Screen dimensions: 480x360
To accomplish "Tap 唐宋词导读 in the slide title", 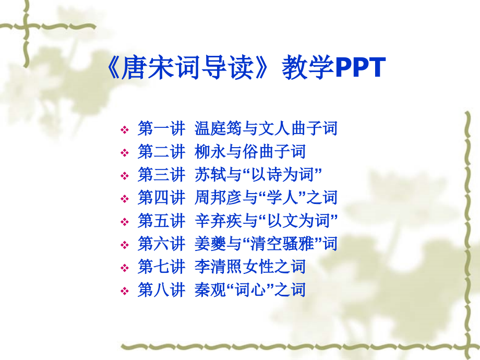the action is point(188,67).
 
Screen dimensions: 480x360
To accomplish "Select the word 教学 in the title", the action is point(308,67).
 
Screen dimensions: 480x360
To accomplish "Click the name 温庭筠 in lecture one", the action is point(218,128).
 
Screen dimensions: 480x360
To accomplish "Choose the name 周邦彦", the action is point(218,197).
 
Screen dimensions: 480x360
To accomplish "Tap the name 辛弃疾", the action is point(218,221).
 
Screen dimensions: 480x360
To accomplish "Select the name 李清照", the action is point(218,267).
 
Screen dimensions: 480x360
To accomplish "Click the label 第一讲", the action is point(161,128).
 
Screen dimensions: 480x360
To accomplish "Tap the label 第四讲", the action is point(161,197).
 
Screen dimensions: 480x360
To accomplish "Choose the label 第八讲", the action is point(161,290).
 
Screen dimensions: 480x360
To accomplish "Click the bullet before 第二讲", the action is point(125,153).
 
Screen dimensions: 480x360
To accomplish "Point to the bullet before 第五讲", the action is point(125,222).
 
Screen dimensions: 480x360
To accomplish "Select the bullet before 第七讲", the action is point(125,268).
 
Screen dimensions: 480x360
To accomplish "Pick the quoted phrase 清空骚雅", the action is point(283,244).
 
